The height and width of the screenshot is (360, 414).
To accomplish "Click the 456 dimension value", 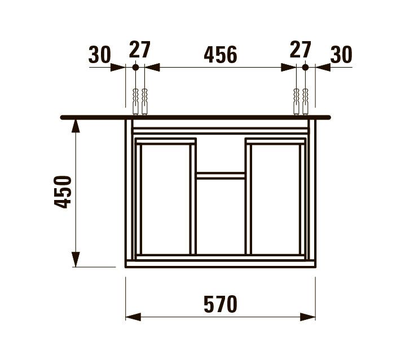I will (x=220, y=55).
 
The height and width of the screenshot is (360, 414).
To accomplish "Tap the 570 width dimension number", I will (x=220, y=305).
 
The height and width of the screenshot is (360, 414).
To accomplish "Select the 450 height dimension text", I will (x=64, y=192).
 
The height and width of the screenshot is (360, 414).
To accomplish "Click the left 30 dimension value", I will (x=99, y=55).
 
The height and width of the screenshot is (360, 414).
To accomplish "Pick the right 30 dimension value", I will (x=341, y=55).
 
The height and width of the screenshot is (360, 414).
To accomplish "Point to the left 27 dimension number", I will (x=139, y=50).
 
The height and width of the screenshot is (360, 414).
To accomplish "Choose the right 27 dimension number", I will (x=300, y=50).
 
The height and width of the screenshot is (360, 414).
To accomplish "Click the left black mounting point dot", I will (x=135, y=67).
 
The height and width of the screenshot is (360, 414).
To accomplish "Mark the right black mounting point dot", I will (x=305, y=67).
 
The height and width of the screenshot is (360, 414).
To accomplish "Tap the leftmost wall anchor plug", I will (x=135, y=101).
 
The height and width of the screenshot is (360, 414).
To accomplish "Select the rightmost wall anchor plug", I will (x=306, y=101).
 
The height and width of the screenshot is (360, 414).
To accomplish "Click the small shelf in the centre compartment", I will (x=221, y=175).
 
